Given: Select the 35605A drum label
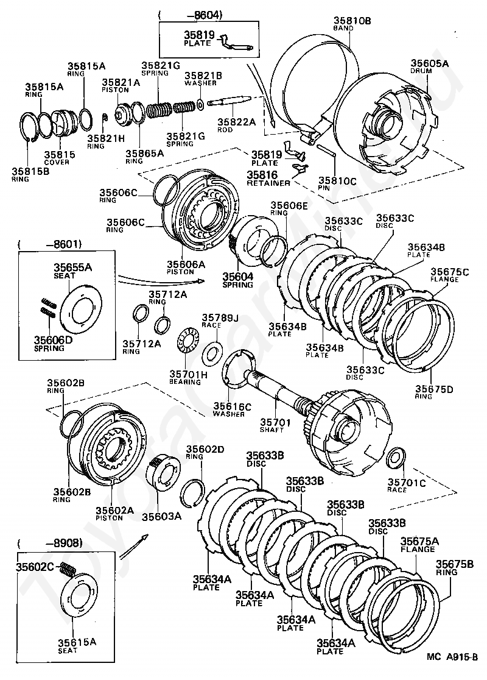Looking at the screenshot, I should pyautogui.click(x=429, y=63).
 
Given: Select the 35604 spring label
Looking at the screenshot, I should pyautogui.click(x=237, y=275).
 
